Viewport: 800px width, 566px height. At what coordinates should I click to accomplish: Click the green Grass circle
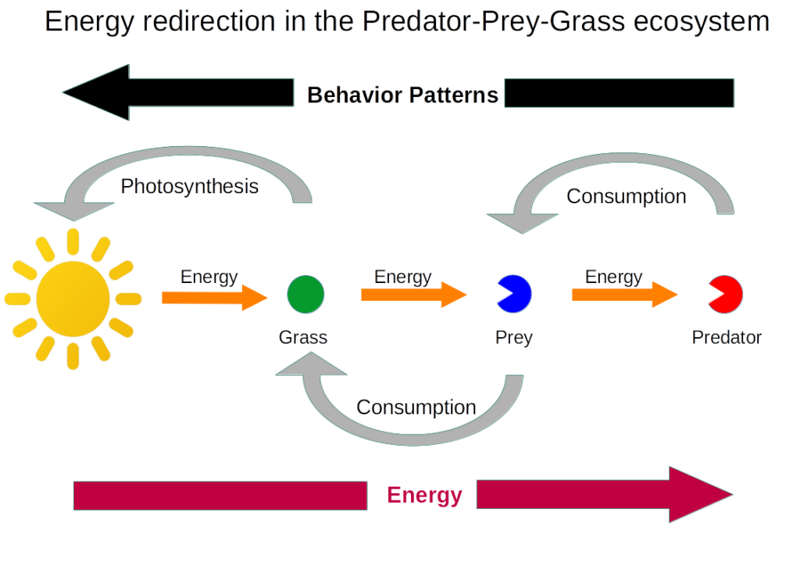tap(305, 294)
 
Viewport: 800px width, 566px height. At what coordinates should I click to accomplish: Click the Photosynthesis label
tap(190, 187)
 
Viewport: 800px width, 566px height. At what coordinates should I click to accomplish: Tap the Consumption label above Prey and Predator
tap(626, 196)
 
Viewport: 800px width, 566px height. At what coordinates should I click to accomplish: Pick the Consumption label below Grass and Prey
tap(416, 407)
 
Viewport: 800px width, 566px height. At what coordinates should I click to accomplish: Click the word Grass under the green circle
tap(303, 338)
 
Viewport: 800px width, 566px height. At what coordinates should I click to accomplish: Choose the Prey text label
tap(514, 338)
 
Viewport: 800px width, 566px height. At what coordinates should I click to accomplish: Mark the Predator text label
tap(727, 338)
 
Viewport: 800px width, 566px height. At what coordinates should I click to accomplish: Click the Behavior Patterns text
tap(402, 95)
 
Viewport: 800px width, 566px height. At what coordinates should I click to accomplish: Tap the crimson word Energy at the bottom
tap(424, 495)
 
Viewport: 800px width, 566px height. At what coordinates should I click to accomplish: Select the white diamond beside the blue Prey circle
tap(486, 293)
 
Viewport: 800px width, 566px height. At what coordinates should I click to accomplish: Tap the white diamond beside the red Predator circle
tap(697, 294)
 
